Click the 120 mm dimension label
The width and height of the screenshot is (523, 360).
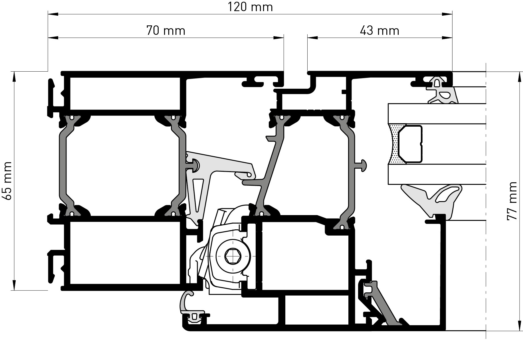[x=250, y=7]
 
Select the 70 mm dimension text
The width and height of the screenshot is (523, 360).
[x=166, y=30]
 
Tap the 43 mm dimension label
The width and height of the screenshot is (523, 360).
[x=379, y=30]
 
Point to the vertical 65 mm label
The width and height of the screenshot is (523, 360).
[x=7, y=181]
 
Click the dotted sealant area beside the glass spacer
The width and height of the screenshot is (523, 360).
[x=395, y=143]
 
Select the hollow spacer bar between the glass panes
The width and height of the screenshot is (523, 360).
[x=410, y=144]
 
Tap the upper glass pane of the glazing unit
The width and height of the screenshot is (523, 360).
[x=437, y=114]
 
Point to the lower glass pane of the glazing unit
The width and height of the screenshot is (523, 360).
[x=437, y=174]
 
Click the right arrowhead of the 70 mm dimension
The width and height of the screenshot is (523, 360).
[x=278, y=37]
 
